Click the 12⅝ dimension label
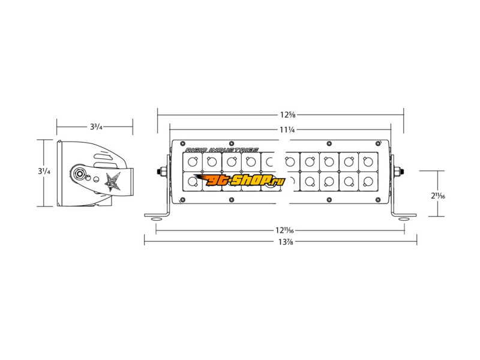tap(288, 115)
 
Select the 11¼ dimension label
tap(287, 130)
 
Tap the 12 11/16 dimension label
tap(284, 230)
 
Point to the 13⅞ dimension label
tap(286, 242)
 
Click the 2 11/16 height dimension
tap(438, 196)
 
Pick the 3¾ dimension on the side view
tap(96, 126)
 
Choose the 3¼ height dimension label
tap(44, 171)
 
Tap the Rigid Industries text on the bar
tap(222, 150)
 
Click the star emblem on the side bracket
tap(112, 182)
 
